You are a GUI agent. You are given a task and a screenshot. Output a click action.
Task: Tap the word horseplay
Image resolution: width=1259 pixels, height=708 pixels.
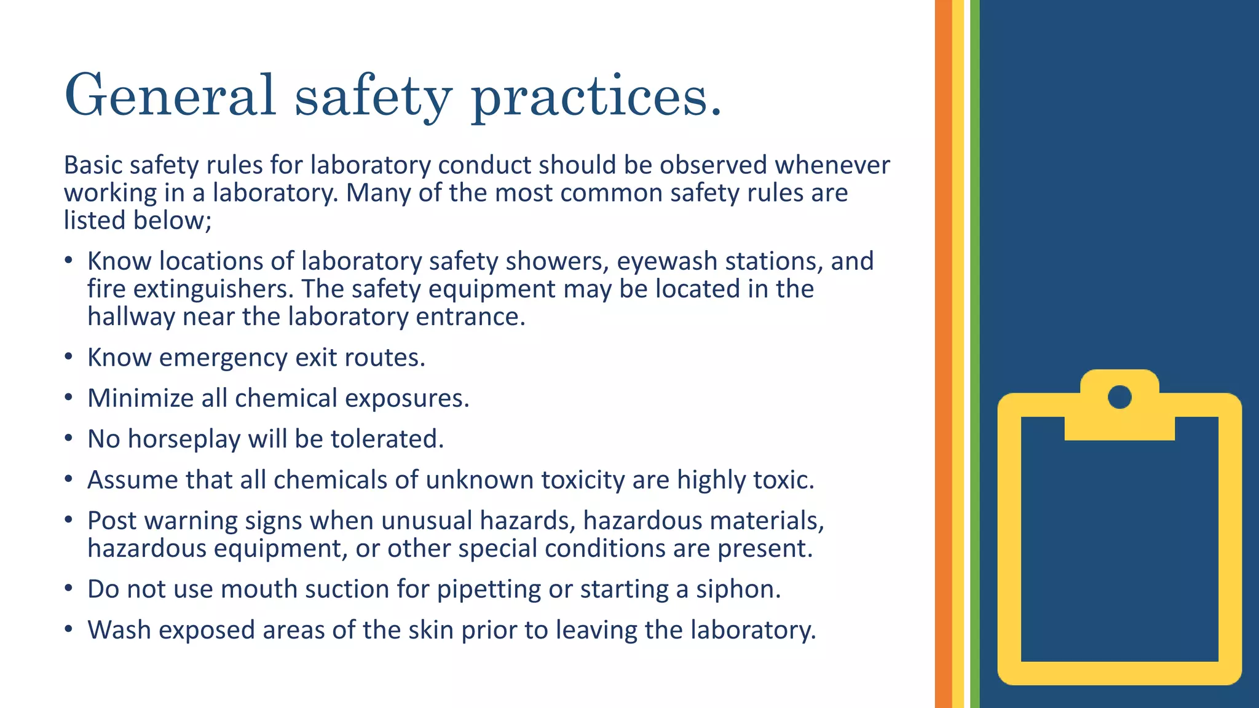click(x=184, y=439)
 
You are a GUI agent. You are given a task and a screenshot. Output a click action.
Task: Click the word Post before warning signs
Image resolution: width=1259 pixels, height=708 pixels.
click(x=112, y=521)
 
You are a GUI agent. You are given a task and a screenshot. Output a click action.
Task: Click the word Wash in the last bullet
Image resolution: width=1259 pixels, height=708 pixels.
click(x=119, y=630)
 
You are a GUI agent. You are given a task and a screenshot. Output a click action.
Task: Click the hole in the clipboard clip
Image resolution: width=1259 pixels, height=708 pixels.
click(x=1119, y=397)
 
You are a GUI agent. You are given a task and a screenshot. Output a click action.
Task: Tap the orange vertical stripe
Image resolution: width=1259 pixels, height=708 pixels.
click(x=943, y=354)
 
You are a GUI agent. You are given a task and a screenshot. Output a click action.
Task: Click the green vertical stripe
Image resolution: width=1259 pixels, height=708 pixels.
click(x=974, y=354)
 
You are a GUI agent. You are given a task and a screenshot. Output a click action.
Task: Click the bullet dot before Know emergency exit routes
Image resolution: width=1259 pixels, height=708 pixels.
click(x=69, y=357)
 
